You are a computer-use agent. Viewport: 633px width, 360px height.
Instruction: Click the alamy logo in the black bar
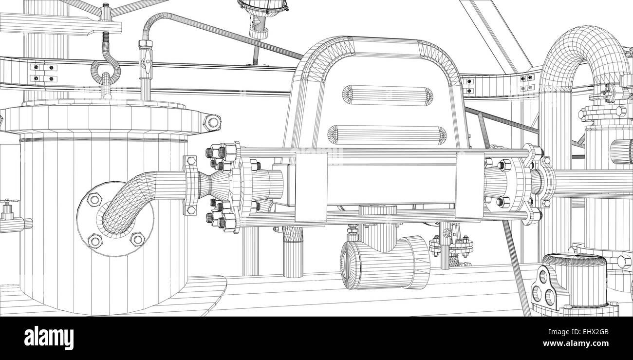pyautogui.click(x=49, y=338)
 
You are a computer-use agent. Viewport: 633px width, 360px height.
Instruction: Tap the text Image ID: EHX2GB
pyautogui.click(x=578, y=332)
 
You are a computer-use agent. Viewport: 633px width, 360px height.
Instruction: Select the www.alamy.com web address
pyautogui.click(x=576, y=343)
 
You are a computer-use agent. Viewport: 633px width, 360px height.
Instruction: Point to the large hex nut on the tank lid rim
pyautogui.click(x=212, y=122)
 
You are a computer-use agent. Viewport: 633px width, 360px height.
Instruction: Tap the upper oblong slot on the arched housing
pyautogui.click(x=388, y=95)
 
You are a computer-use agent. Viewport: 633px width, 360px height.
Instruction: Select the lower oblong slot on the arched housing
pyautogui.click(x=387, y=135)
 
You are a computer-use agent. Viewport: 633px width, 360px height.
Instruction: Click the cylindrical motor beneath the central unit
pyautogui.click(x=385, y=262)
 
